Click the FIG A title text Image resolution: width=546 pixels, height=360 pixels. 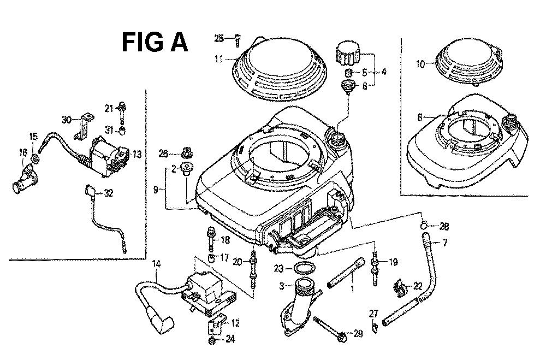click(155, 43)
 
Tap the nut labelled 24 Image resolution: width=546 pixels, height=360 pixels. click(212, 341)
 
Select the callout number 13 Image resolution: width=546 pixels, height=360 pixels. click(136, 155)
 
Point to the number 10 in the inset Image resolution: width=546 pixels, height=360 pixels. click(420, 64)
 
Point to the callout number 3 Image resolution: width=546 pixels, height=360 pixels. click(282, 286)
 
